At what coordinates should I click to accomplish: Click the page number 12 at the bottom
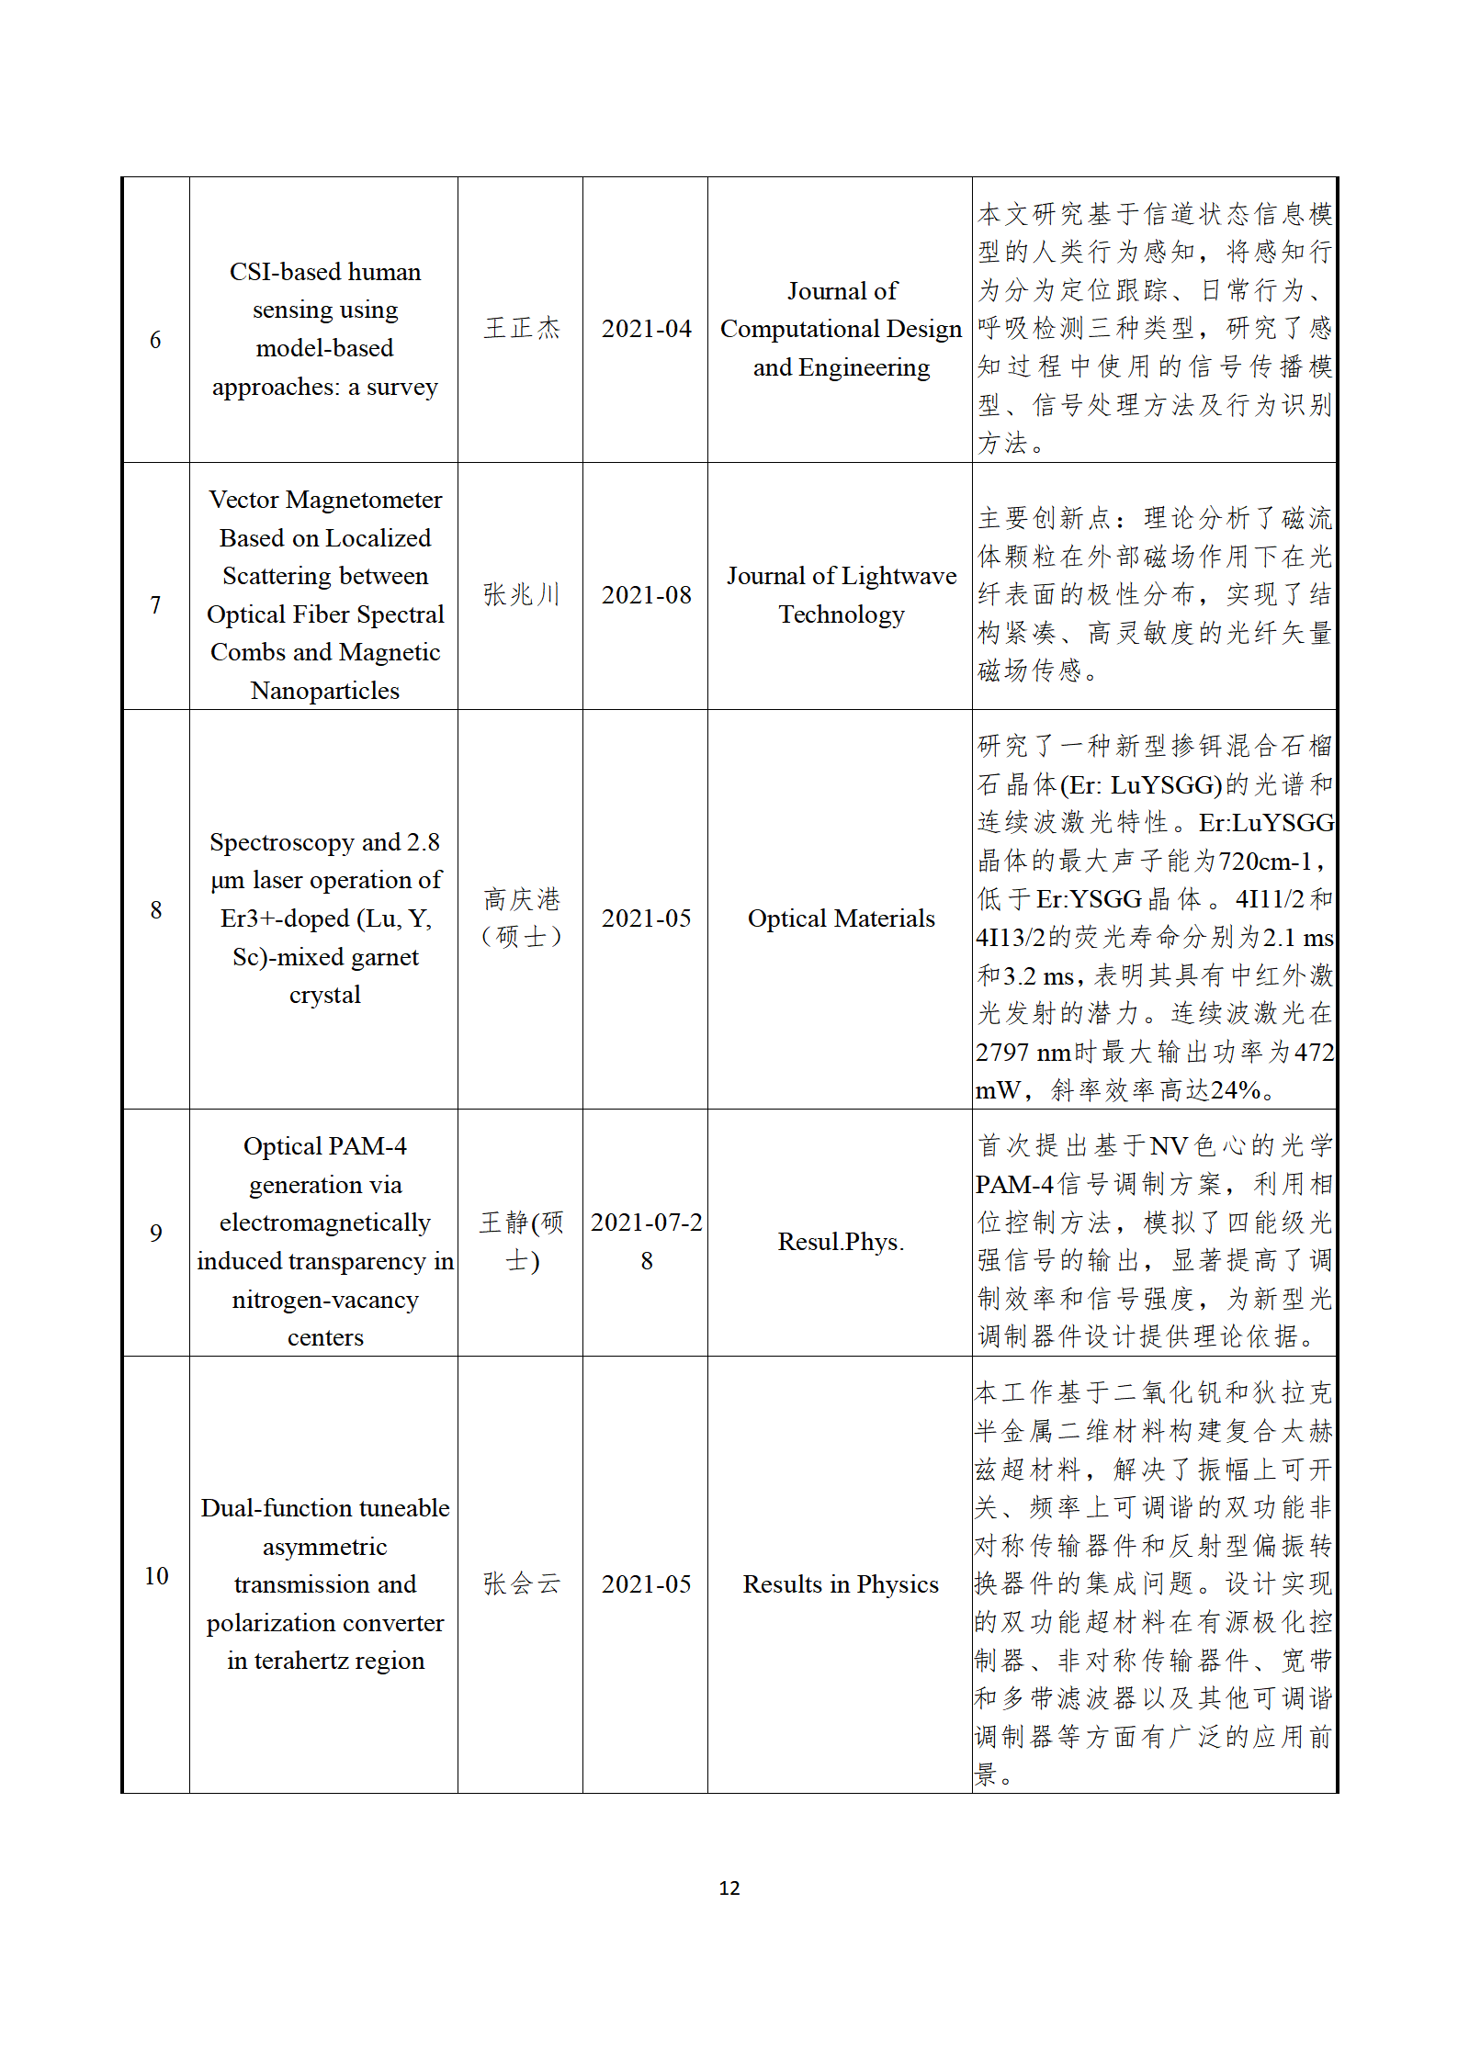click(x=729, y=1887)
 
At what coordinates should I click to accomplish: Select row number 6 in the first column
click(x=155, y=340)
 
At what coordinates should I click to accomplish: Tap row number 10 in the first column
click(x=156, y=1575)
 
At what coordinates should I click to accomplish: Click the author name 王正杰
click(x=521, y=329)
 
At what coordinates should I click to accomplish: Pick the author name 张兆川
click(x=521, y=595)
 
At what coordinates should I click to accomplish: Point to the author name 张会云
click(x=521, y=1583)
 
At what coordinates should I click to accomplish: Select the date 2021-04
click(x=646, y=329)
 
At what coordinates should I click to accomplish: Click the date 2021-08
click(x=646, y=595)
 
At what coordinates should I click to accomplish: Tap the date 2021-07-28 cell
click(x=646, y=1241)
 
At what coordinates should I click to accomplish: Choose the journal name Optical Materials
click(x=841, y=918)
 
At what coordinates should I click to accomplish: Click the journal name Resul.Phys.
click(x=841, y=1242)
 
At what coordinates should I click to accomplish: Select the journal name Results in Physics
click(x=841, y=1584)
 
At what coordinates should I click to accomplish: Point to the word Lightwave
click(x=899, y=576)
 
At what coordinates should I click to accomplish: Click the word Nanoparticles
click(x=325, y=691)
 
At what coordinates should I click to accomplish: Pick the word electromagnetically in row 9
click(x=325, y=1223)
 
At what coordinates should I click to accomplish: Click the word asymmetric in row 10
click(x=325, y=1547)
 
